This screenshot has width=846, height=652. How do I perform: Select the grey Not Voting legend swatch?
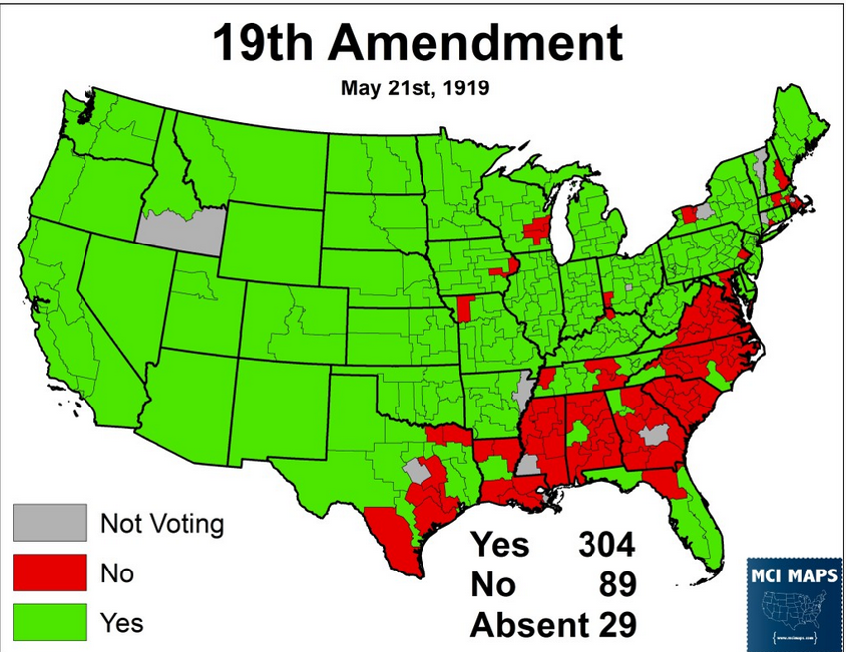pyautogui.click(x=49, y=522)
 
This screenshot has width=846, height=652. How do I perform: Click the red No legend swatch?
pyautogui.click(x=49, y=573)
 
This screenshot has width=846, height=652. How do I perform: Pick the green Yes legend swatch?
pyautogui.click(x=49, y=623)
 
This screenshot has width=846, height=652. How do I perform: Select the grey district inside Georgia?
pyautogui.click(x=653, y=434)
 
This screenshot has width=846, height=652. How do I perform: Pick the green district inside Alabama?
pyautogui.click(x=577, y=435)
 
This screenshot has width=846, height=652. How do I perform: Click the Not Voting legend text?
pyautogui.click(x=163, y=523)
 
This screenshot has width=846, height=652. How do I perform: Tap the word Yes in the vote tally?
pyautogui.click(x=500, y=546)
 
